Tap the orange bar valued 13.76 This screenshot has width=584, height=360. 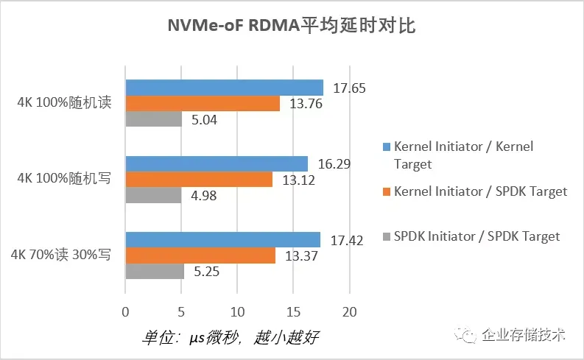click(x=203, y=104)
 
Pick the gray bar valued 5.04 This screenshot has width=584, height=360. click(x=154, y=119)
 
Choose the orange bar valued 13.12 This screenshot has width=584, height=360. click(x=199, y=180)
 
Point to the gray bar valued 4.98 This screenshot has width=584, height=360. click(x=153, y=195)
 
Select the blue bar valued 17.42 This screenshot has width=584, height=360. click(x=223, y=240)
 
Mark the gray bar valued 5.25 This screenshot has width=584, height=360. click(x=155, y=271)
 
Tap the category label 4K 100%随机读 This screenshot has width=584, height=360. click(x=65, y=103)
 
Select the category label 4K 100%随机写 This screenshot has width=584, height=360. click(x=65, y=179)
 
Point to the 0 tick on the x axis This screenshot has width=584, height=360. click(x=126, y=311)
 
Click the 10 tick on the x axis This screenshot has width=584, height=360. click(x=237, y=311)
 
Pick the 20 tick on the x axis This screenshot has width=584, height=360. click(x=349, y=311)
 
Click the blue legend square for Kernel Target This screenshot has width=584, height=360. click(x=387, y=147)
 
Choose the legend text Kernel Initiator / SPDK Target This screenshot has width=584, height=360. click(x=480, y=191)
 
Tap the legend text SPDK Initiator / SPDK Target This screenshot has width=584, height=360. click(x=476, y=236)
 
